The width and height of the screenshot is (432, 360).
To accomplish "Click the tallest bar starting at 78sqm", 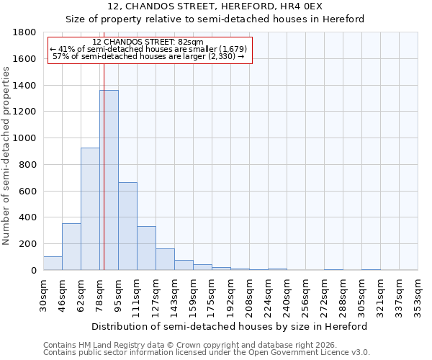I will pos(109,180).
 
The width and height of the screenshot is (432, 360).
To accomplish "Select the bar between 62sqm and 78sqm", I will pos(90,209).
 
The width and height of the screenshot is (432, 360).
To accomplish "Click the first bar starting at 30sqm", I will pos(53,264).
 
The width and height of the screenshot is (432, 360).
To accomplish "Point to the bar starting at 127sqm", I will pos(165,259).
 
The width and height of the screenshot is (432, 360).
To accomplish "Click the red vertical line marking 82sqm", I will pos(104,144).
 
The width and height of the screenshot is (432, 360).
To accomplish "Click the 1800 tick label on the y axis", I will pos(24,32).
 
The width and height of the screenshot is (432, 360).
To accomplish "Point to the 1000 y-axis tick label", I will pos(24,138).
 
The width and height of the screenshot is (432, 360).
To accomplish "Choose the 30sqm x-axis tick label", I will pos(43,292).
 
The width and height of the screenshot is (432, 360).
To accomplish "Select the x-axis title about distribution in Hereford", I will pos(230,326).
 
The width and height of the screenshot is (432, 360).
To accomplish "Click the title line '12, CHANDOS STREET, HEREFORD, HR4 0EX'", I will pos(215,6).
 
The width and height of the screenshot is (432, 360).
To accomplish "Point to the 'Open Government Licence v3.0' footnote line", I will pos(207,353).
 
